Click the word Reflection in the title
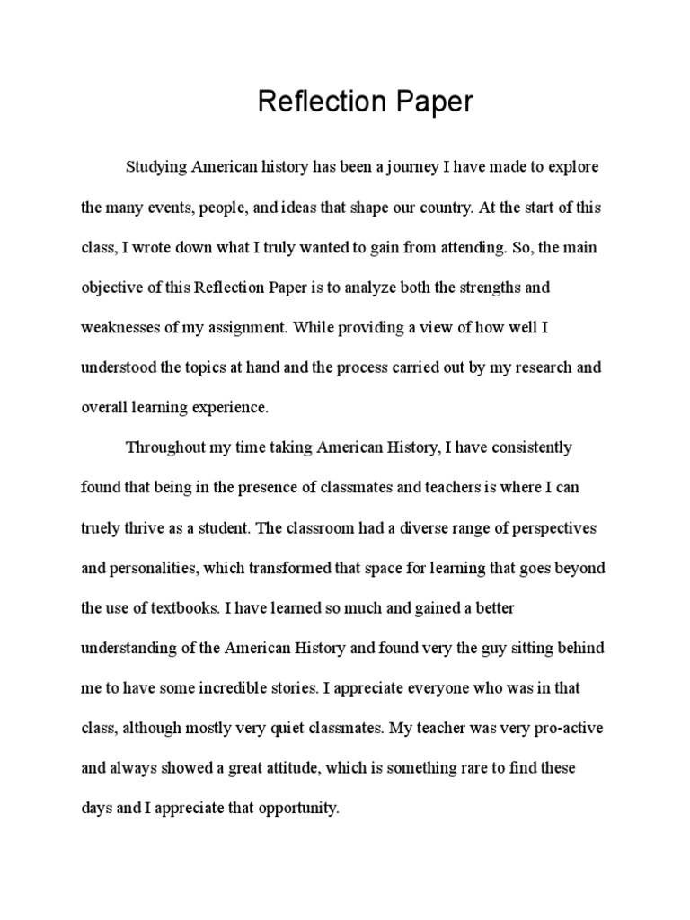pos(316,102)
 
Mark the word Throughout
pos(166,447)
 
